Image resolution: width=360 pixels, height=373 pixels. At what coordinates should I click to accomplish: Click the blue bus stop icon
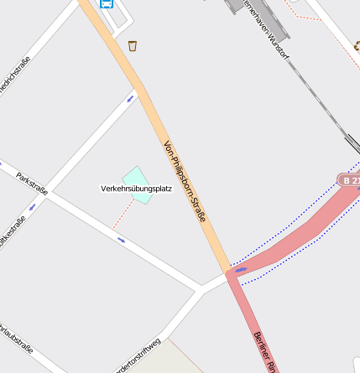point(107,3)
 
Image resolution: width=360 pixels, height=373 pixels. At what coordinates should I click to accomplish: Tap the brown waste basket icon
point(133,45)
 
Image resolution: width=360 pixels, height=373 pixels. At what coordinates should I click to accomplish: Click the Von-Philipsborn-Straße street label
point(184,180)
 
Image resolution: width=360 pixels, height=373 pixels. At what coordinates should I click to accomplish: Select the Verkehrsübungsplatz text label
point(136,189)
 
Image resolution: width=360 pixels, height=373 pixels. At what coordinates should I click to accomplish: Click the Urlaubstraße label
point(16,337)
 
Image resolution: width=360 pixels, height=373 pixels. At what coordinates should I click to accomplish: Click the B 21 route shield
point(350,180)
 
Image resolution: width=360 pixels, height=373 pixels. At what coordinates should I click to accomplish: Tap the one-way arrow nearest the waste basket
point(130,98)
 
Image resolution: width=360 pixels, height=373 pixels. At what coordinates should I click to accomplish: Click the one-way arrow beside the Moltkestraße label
point(32,205)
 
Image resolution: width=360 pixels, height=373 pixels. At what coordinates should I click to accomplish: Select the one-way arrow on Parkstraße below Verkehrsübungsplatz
point(122,241)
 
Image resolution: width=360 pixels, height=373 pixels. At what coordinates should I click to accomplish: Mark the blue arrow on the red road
point(241,270)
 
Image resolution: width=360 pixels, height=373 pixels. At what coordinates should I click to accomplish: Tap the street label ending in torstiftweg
point(137,355)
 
